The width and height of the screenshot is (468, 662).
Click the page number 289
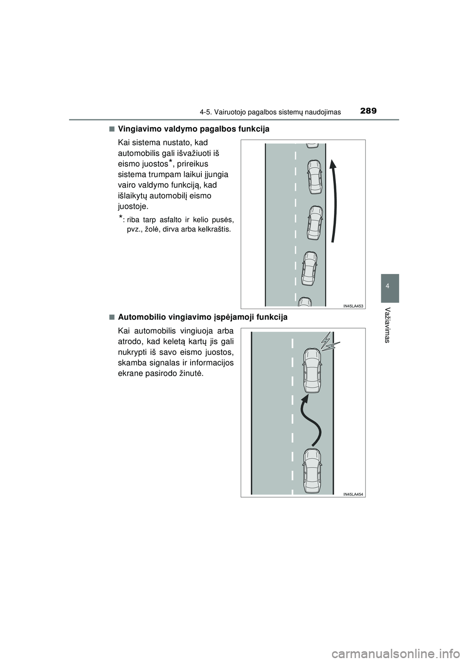[x=369, y=111]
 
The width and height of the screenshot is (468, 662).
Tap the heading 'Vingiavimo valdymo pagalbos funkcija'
[x=194, y=129]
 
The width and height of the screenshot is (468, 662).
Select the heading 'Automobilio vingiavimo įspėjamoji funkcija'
[x=202, y=317]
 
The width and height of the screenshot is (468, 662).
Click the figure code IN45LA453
[x=353, y=306]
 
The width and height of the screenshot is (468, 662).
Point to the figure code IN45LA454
[x=353, y=494]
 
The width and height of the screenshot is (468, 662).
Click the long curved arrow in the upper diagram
[x=335, y=201]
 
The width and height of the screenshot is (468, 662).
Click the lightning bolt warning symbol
[x=331, y=342]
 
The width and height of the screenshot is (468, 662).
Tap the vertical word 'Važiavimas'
[x=388, y=325]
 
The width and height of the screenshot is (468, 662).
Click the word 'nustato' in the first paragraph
[x=180, y=142]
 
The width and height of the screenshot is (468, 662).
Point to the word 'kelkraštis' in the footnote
[x=217, y=229]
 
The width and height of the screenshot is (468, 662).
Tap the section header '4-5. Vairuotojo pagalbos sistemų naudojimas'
[x=270, y=112]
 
